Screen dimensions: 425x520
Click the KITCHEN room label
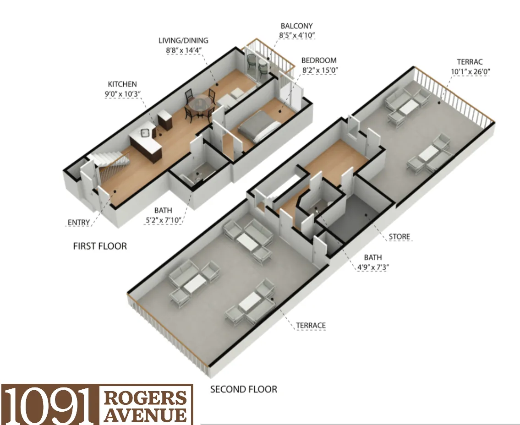(122, 84)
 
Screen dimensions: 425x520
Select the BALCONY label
(296, 26)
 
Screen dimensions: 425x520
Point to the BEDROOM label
(319, 60)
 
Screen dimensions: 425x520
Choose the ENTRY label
(79, 223)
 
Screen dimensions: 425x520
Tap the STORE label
(399, 237)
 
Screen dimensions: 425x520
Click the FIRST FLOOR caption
(100, 246)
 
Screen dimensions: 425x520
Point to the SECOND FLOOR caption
(243, 389)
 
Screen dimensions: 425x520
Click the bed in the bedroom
(259, 125)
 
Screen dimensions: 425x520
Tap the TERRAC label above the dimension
(470, 62)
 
